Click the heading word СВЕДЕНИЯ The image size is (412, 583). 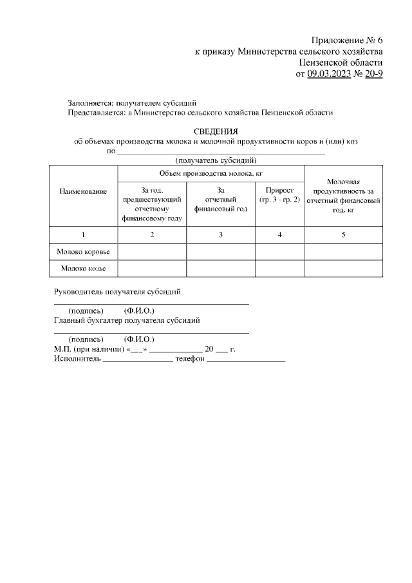(x=216, y=131)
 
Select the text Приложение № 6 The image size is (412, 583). (x=347, y=39)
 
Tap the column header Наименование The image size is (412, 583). (x=83, y=192)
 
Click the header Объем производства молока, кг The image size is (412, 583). (x=211, y=174)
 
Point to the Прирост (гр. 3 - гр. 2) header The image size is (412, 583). (x=279, y=196)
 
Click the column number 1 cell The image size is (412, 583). (x=83, y=234)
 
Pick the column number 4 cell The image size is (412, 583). (x=279, y=234)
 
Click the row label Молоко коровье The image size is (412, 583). (x=83, y=251)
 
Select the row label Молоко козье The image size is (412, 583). (x=83, y=268)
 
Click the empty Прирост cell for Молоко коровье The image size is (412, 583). (x=279, y=251)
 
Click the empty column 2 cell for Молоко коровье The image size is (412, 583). (x=152, y=251)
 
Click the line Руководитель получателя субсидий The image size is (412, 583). (x=117, y=291)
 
